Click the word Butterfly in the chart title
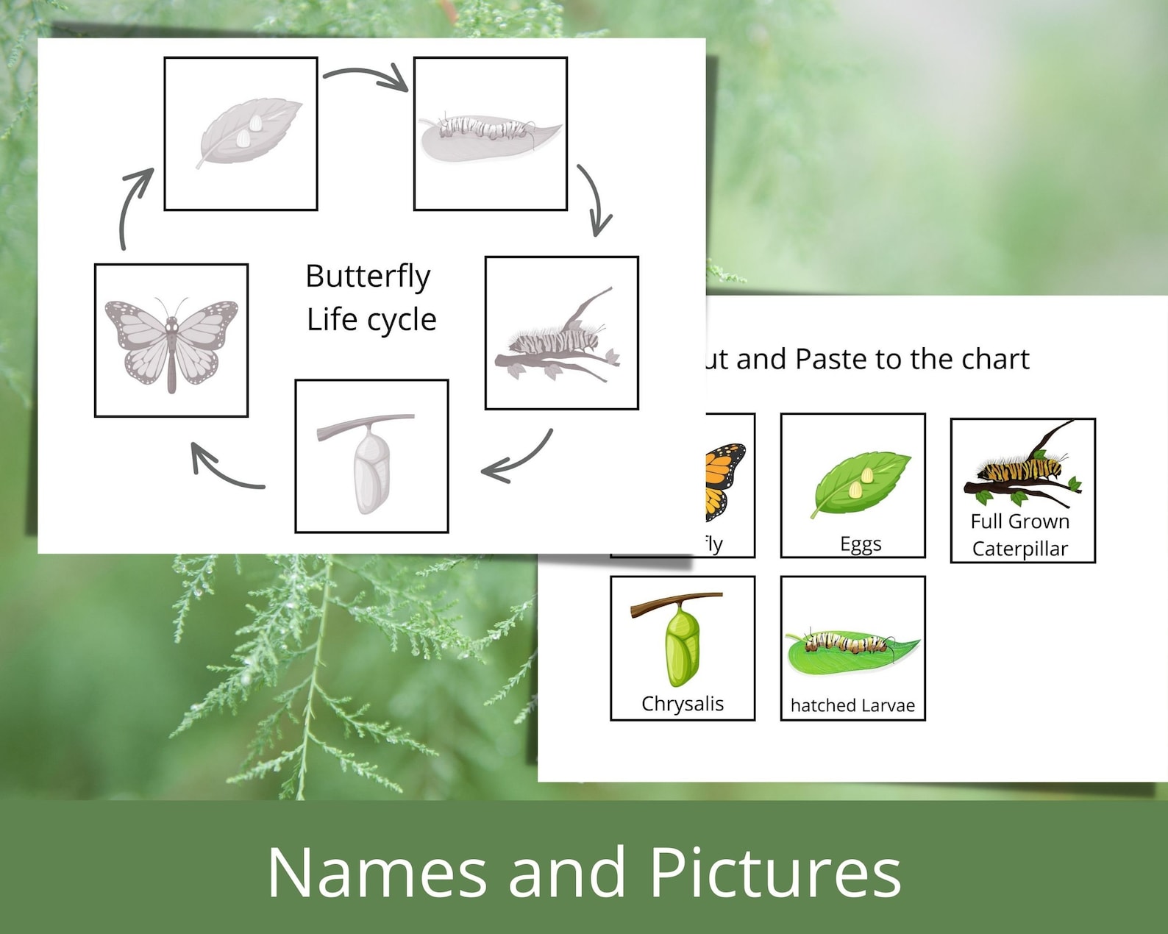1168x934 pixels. point(368,277)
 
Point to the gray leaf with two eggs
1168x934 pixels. point(248,131)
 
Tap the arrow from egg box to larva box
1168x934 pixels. point(366,76)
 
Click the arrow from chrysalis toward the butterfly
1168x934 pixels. point(225,469)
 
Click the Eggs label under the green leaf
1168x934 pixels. point(861,544)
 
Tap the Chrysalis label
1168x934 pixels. point(683,704)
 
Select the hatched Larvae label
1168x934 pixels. point(852,705)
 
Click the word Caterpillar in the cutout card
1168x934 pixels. point(1020,549)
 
